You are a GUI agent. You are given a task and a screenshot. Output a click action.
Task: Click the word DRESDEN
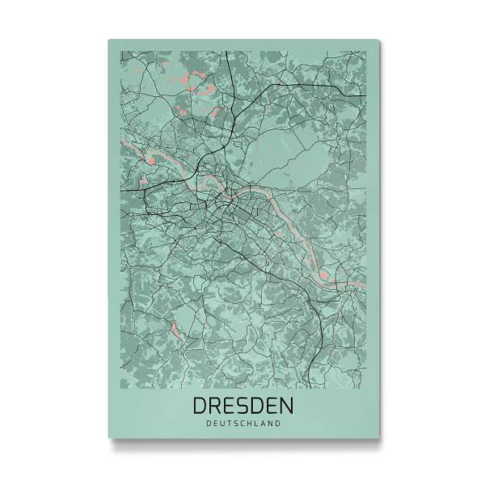tap(243, 404)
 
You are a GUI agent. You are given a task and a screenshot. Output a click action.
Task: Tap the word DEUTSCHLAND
tap(243, 422)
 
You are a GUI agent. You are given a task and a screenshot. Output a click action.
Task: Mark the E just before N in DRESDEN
tap(272, 404)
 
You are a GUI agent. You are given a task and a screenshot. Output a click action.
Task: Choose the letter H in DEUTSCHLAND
tap(251, 422)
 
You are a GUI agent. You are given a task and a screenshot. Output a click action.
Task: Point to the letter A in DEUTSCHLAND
tap(264, 422)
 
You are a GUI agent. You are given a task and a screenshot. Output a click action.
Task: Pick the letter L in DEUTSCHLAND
tap(258, 422)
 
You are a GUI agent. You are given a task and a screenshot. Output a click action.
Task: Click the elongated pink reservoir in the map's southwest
tap(174, 329)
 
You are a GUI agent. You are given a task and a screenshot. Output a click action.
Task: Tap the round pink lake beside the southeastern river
tap(323, 277)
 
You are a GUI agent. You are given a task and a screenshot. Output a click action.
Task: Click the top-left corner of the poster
tap(109, 40)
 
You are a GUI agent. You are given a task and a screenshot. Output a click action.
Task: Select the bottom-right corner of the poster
tap(380, 438)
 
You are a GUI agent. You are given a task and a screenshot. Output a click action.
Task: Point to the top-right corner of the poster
tap(380, 40)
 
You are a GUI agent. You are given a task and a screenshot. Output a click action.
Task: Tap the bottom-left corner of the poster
tap(109, 438)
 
